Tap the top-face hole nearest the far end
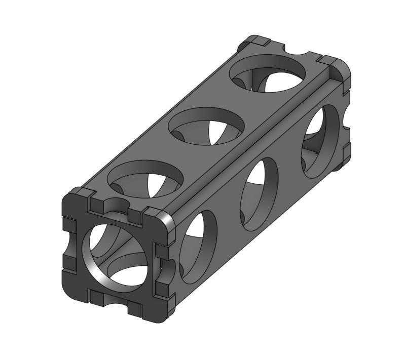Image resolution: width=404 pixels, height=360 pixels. pyautogui.click(x=268, y=73)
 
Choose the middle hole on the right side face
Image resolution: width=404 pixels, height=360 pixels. pyautogui.click(x=259, y=187)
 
